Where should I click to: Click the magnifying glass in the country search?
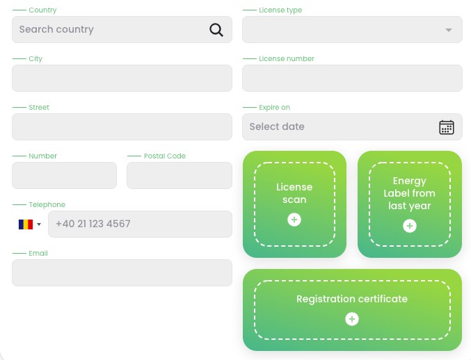pos(216,30)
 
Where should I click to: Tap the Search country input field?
pos(122,29)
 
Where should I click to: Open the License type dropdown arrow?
pos(449,30)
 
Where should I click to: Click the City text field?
pos(122,78)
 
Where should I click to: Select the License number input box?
pos(352,78)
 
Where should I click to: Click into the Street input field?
pos(122,126)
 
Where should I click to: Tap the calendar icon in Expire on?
pos(447,127)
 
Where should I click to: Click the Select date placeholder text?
pos(277,126)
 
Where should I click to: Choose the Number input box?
pos(64,176)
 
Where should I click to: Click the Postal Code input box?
pos(179,176)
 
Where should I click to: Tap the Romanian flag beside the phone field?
pos(26,224)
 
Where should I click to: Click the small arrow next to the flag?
pos(39,224)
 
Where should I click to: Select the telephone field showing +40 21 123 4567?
pos(140,224)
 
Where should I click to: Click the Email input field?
pos(122,272)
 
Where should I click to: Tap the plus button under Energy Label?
pos(409,226)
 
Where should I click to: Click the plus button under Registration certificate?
pos(352,318)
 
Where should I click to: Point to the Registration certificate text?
pos(352,299)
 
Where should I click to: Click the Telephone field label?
pos(47,204)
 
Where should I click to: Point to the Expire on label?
pos(274,108)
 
